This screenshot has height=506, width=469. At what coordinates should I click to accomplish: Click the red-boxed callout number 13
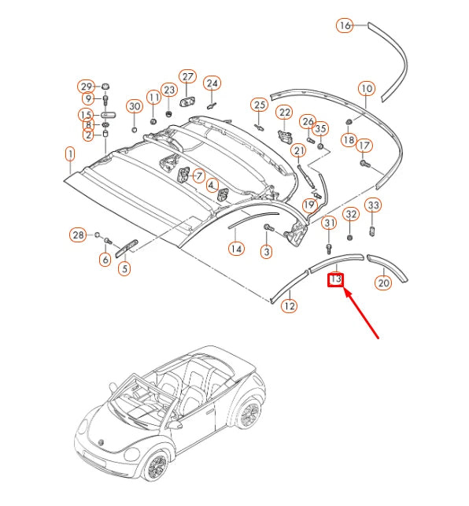335,279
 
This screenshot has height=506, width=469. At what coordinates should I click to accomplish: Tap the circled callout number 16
345,25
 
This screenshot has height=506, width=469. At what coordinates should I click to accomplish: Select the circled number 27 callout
187,77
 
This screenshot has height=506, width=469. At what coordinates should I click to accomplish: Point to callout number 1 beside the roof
70,154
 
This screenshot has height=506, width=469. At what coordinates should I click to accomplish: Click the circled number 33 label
373,205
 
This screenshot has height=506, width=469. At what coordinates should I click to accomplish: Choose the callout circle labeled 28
78,235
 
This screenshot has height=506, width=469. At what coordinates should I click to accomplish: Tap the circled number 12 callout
290,305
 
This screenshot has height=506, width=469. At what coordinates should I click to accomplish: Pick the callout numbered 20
383,283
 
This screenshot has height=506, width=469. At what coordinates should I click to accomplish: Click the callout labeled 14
236,249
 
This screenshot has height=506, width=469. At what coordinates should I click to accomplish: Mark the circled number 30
135,106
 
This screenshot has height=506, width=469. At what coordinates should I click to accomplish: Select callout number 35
320,129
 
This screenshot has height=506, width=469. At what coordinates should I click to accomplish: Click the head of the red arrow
345,290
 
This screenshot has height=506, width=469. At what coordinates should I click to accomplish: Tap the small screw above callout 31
329,248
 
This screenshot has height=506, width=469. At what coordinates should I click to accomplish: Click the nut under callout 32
349,238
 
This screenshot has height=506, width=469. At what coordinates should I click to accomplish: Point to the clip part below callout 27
186,102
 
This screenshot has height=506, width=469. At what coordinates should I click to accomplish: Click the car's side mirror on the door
175,424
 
